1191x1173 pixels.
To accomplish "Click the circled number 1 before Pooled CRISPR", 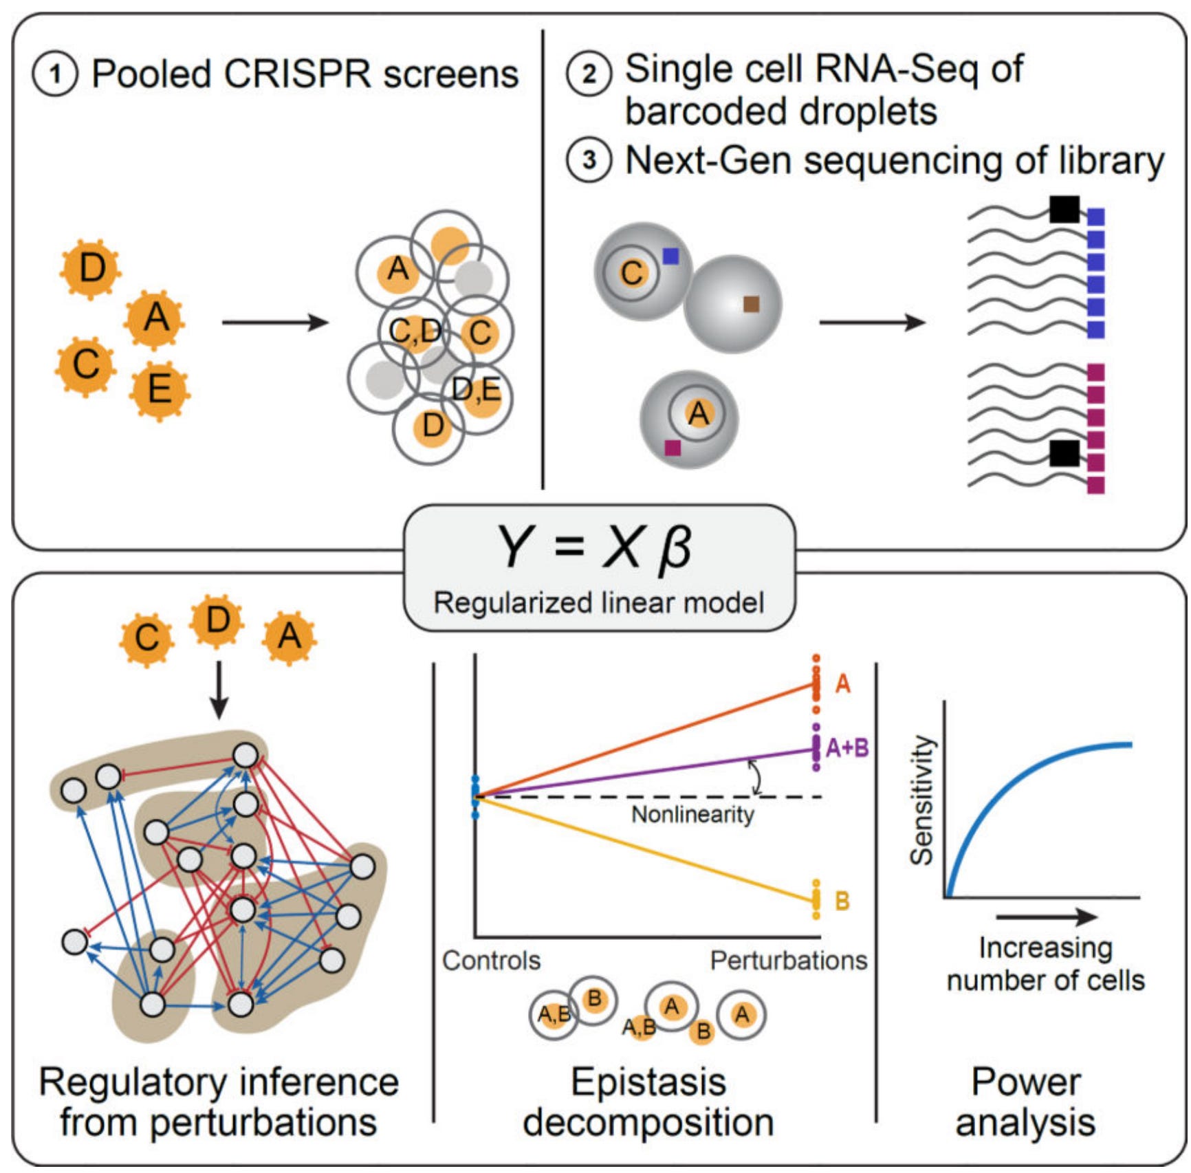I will tap(55, 74).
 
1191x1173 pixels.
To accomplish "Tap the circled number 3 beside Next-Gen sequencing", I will tap(589, 161).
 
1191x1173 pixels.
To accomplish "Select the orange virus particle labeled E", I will tap(160, 389).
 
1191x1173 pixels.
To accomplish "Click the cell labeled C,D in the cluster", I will tap(414, 332).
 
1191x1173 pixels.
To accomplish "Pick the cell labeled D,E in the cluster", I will tap(477, 391).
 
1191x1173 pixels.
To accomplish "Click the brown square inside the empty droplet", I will tap(752, 304).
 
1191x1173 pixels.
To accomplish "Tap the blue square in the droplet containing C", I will tap(670, 256).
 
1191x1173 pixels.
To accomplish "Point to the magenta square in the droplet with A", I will tap(673, 448).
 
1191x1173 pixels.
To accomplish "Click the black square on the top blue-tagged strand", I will tap(1064, 210).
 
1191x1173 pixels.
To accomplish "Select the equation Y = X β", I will tap(597, 548).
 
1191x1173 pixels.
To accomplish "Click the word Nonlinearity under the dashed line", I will tap(692, 815).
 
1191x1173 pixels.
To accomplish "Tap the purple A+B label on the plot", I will tap(846, 747).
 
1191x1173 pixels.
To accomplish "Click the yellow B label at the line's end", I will tap(842, 901).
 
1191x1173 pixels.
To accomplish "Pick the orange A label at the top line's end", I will tap(842, 684).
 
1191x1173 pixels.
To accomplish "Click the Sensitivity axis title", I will tap(922, 800).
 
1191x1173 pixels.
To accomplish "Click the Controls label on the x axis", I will tap(491, 961).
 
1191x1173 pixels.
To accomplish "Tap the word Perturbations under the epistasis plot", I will tap(789, 961).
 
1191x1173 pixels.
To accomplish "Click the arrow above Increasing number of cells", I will tap(1046, 917).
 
